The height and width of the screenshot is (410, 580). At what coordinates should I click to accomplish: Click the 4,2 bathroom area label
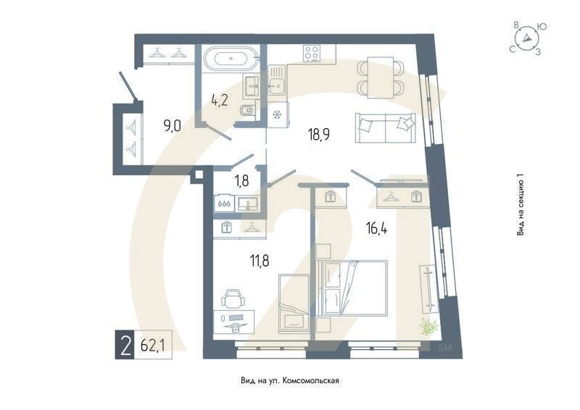(220, 101)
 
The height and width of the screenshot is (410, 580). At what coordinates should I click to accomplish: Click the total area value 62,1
(152, 346)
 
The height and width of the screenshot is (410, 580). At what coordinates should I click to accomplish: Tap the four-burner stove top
(312, 54)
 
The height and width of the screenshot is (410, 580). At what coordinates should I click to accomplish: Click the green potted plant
(430, 327)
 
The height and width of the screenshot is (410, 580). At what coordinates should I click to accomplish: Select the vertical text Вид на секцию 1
(520, 206)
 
